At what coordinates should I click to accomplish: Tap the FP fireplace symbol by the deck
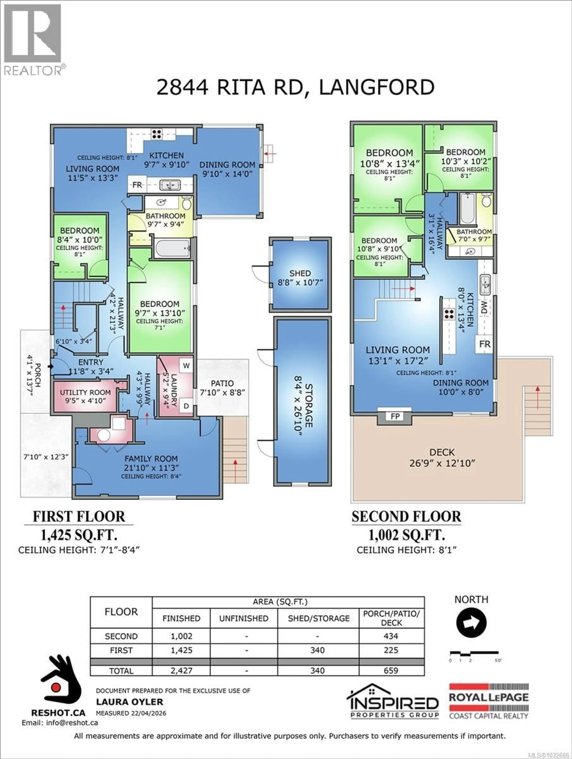[395, 416]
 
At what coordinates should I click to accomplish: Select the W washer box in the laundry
[186, 365]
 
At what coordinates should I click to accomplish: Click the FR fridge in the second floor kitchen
[485, 344]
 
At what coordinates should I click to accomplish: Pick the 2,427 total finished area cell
[181, 670]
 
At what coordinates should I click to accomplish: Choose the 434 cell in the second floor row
[391, 636]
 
